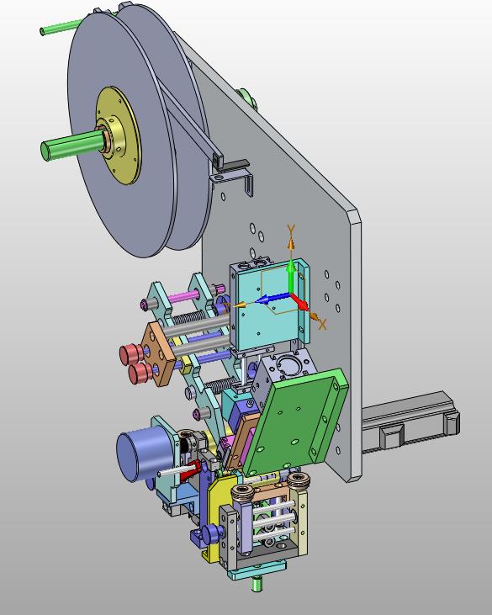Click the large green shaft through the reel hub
point(72,144)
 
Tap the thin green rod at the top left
point(61,27)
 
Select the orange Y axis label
point(291,230)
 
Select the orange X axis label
point(322,324)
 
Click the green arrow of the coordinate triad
point(291,276)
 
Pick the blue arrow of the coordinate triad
point(272,300)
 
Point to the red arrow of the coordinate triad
point(300,302)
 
